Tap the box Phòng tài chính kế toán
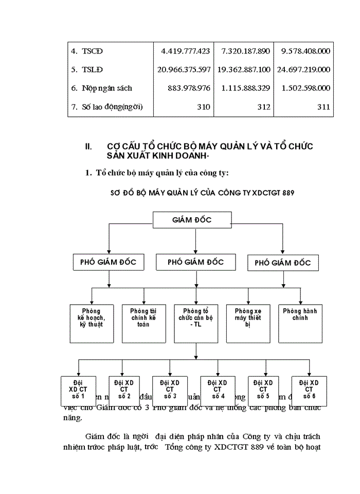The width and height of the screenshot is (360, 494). click(143, 323)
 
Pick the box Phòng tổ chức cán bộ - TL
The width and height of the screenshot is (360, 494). click(195, 323)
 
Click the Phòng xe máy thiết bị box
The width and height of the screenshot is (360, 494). click(248, 323)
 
